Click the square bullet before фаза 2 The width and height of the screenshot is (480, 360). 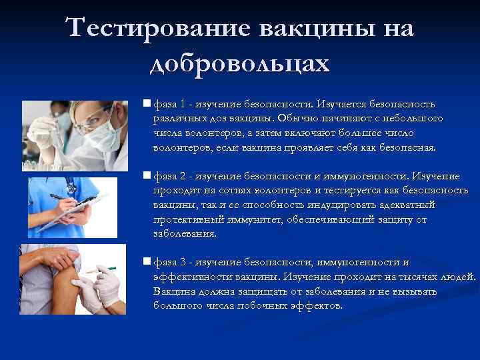(147, 177)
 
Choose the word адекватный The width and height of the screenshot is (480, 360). (406, 205)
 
